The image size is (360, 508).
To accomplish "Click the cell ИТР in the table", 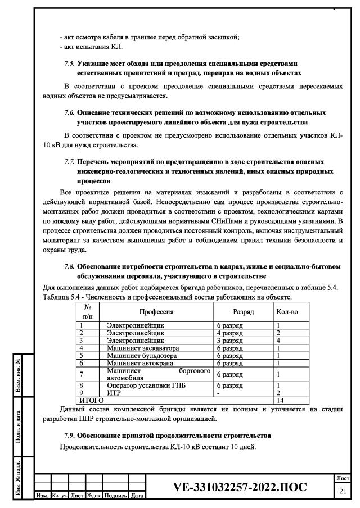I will coord(114,393).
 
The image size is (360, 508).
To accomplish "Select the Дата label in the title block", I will coord(137,495).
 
